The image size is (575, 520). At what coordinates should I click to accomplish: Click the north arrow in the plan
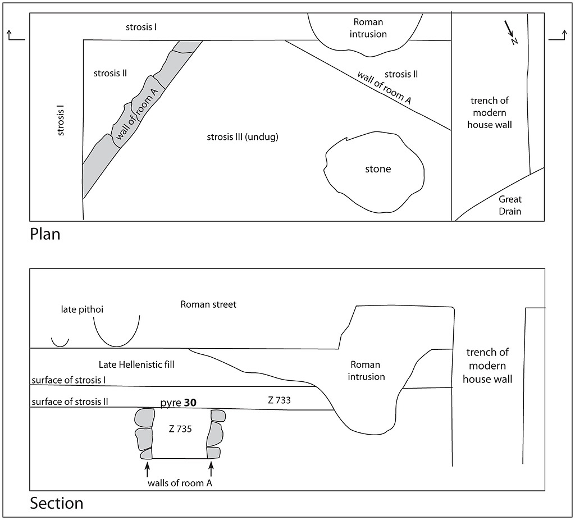tap(510, 31)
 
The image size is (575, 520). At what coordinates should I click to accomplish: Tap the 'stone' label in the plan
tap(378, 169)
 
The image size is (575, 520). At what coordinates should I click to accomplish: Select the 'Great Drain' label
tap(510, 205)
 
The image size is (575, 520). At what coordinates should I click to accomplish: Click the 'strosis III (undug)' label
tap(243, 137)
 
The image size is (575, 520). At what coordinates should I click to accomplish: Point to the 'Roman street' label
tap(208, 304)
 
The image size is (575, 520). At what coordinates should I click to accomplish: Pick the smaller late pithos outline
tap(60, 341)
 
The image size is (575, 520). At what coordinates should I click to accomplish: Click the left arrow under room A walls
tap(147, 468)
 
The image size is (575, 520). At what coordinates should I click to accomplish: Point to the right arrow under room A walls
tap(211, 468)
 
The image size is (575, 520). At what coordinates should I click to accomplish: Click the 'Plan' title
tap(45, 234)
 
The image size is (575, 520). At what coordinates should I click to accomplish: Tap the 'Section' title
tap(56, 503)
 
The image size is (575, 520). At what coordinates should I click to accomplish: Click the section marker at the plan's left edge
tap(16, 36)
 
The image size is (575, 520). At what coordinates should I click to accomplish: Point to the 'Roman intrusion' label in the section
tap(367, 371)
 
